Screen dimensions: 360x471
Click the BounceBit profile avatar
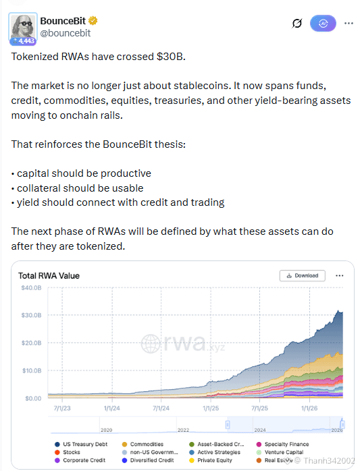point(23,28)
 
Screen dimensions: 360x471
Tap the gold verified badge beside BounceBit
point(93,21)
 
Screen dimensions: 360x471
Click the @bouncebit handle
point(66,33)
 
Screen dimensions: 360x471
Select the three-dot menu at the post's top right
point(349,23)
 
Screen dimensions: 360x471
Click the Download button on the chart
point(303,275)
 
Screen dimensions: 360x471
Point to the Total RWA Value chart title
point(49,276)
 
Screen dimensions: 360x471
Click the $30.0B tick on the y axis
point(31,315)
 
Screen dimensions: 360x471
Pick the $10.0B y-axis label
point(32,370)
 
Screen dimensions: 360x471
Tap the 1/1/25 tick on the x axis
point(211,408)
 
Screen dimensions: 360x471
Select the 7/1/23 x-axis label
point(62,408)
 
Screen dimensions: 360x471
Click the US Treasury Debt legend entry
point(81,444)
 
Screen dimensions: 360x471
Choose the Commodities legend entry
point(143,444)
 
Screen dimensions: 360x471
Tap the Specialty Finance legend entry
point(283,444)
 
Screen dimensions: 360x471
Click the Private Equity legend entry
point(211,460)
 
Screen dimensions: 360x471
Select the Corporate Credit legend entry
point(80,460)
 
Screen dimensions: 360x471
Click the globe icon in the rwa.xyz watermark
point(151,343)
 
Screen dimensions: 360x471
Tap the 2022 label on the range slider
point(183,430)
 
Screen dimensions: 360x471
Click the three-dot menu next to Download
point(340,275)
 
